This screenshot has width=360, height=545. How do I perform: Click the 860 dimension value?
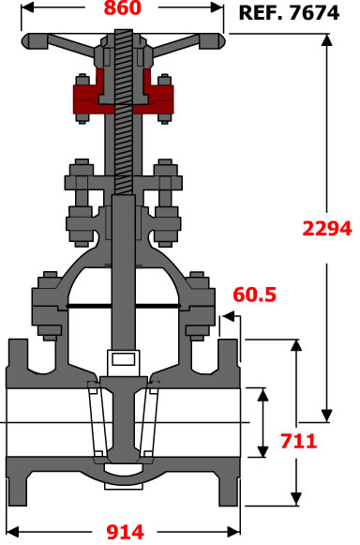coord(123,8)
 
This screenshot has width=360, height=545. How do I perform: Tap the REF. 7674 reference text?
coord(289,13)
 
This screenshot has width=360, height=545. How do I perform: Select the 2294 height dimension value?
coord(327,229)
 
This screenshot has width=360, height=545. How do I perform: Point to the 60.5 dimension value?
coord(255,295)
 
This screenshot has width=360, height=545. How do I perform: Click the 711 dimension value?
coord(299,441)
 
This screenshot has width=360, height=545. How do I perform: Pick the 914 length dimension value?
coord(125,532)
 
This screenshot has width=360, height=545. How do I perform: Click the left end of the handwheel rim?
coord(24,40)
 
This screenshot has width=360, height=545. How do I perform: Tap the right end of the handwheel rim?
coord(222,40)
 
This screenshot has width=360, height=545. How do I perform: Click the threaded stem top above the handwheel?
coord(123,34)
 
